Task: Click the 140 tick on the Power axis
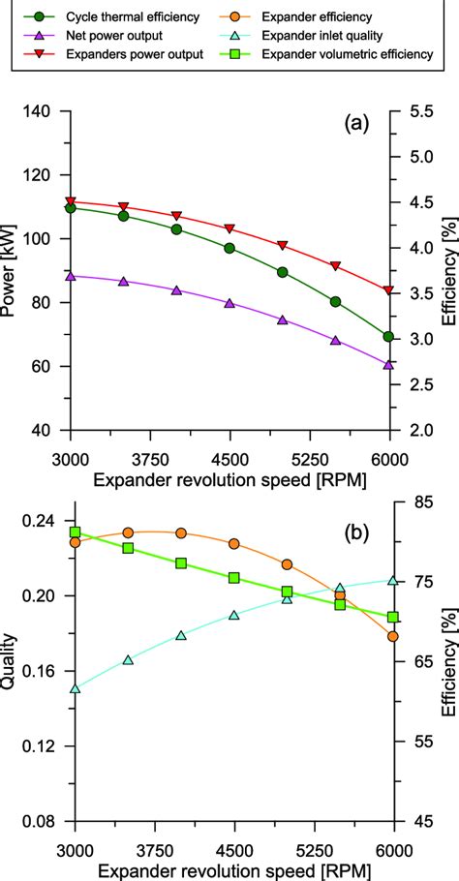(46, 112)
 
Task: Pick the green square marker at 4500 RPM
(233, 578)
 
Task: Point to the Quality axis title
(14, 668)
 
